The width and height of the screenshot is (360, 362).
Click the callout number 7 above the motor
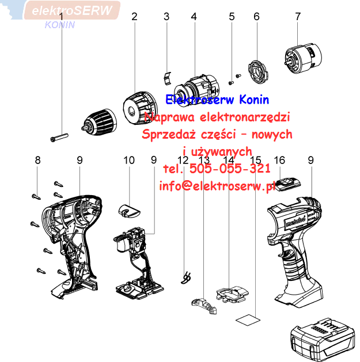[x=298, y=17]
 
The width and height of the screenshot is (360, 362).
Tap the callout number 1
[x=61, y=17]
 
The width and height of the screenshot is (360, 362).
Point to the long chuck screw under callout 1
[x=59, y=136]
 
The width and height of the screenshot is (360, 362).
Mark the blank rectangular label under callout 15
[x=248, y=317]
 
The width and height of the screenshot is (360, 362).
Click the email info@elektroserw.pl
[x=215, y=185]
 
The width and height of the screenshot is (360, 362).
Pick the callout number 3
[x=166, y=17]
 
